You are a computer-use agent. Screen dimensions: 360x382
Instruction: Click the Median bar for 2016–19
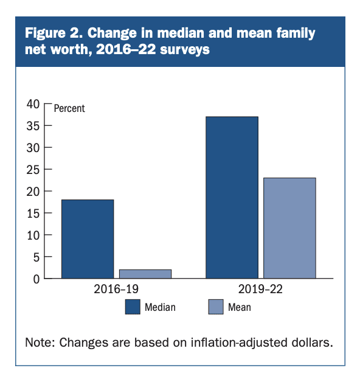point(88,239)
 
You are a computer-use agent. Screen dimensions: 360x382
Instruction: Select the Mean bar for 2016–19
point(145,274)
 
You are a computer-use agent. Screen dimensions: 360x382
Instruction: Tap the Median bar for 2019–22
point(232,197)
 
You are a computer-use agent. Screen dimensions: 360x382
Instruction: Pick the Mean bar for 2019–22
point(289,228)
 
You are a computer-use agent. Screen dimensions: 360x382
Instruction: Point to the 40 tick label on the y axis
point(33,104)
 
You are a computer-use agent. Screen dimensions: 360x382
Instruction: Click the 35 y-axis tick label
point(33,126)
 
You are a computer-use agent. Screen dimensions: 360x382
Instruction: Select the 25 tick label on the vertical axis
point(33,170)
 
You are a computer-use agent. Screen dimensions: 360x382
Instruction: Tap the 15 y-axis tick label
point(33,214)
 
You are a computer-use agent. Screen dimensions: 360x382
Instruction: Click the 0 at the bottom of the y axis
point(36,279)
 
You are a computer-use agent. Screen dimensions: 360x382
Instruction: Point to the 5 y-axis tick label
point(36,257)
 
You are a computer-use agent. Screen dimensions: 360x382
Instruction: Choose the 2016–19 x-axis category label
point(116,289)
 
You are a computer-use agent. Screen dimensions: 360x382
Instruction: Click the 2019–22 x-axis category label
point(260,289)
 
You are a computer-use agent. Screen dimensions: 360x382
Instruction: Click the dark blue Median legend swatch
point(133,307)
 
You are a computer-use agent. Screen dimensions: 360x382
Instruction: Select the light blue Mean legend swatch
point(216,307)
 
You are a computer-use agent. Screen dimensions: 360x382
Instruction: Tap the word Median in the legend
point(160,307)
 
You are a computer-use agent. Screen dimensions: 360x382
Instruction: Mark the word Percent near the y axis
point(69,108)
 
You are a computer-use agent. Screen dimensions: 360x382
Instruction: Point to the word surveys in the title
point(185,50)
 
